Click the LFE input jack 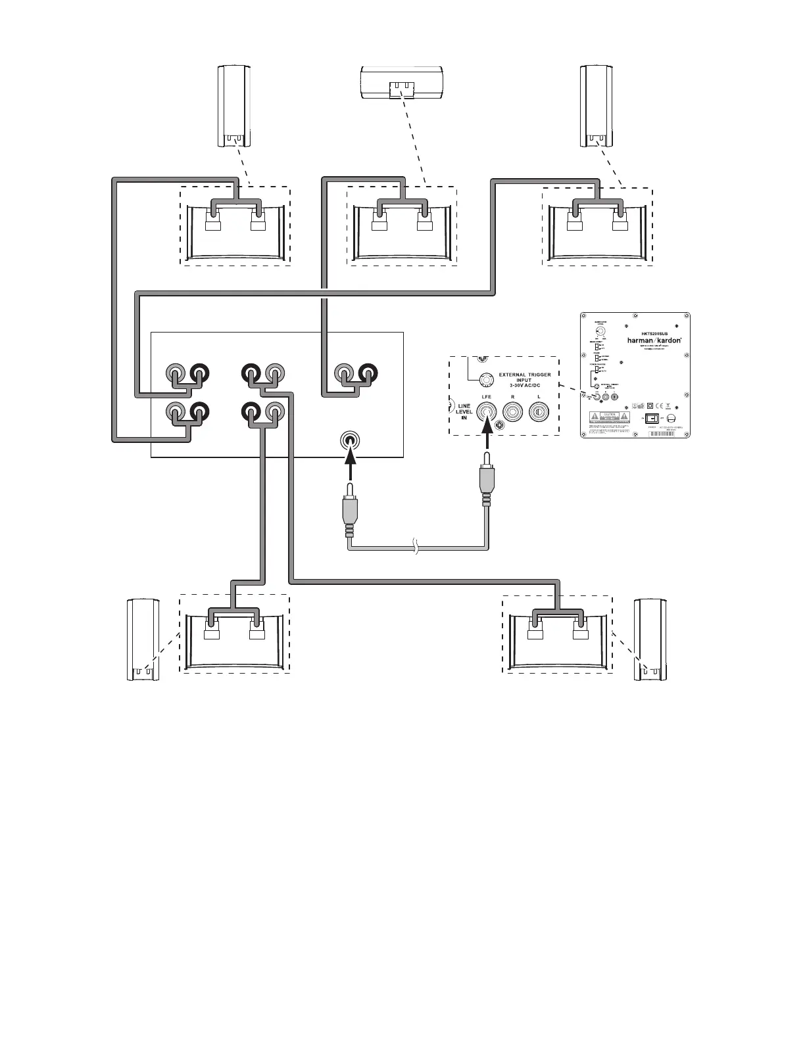(x=487, y=412)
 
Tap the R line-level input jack (x=513, y=412)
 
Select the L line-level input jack (x=539, y=412)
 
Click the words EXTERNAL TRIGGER (x=525, y=374)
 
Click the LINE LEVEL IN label (x=464, y=412)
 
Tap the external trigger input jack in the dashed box (x=485, y=379)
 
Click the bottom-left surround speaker (x=142, y=639)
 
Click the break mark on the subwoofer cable (x=415, y=547)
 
